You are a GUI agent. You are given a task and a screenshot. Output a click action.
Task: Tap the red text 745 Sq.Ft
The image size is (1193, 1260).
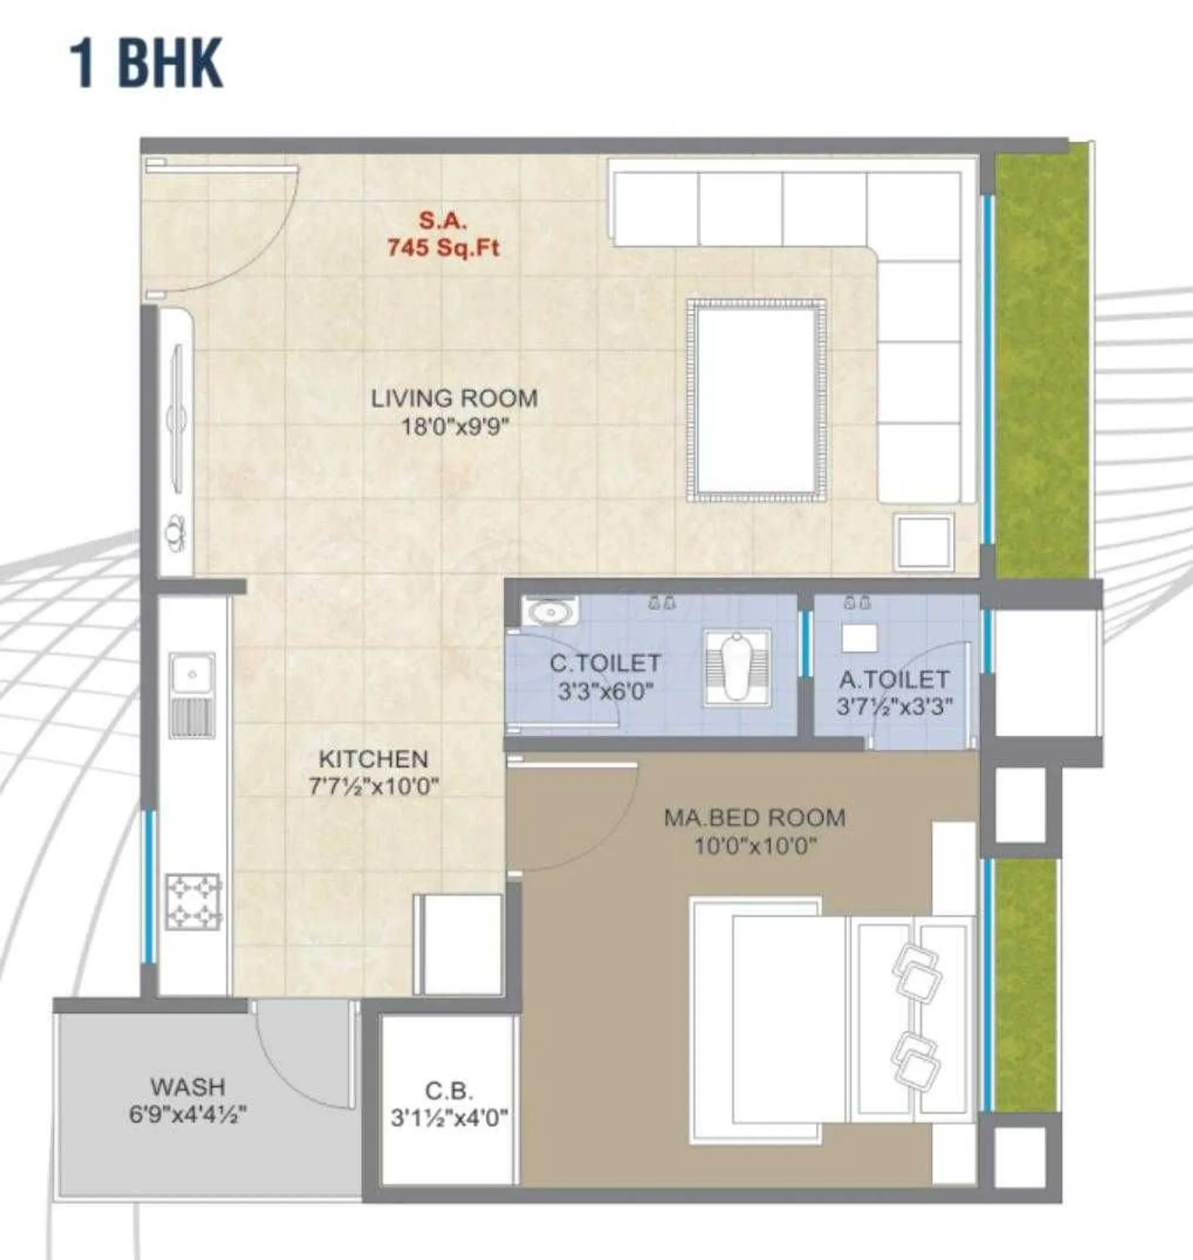tap(443, 247)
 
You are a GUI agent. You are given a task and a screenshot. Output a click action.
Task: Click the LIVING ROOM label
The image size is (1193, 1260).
tap(454, 399)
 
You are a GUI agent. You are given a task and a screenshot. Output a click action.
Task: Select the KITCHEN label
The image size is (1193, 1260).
tap(373, 760)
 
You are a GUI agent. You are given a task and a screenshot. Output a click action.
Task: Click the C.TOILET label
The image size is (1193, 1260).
tap(605, 663)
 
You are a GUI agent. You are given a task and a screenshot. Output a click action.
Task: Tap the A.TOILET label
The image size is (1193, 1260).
tap(894, 680)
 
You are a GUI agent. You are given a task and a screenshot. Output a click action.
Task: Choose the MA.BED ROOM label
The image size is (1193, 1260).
tap(755, 818)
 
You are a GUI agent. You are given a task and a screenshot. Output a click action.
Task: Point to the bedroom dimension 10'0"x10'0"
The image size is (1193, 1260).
tap(756, 846)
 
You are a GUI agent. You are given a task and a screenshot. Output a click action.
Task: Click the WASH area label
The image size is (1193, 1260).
tap(188, 1087)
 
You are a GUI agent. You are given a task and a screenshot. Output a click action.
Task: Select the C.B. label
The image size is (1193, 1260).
tap(449, 1092)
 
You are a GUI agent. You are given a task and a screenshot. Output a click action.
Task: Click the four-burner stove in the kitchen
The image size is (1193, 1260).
tap(193, 901)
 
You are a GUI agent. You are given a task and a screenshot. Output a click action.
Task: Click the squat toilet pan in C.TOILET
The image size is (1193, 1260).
tap(737, 666)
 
